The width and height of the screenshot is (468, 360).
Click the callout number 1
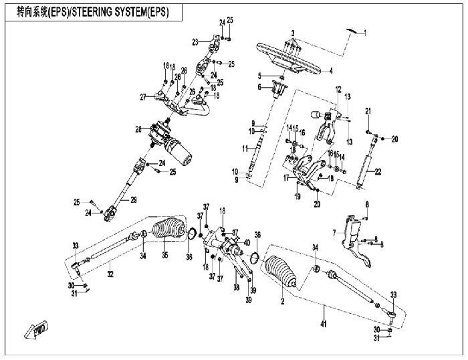point(365,32)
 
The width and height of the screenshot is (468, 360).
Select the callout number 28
point(138,128)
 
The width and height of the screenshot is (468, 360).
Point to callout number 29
point(133,199)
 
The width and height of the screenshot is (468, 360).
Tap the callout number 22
point(378,173)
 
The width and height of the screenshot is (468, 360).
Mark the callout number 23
point(195,41)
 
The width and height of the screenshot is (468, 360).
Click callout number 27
point(142,98)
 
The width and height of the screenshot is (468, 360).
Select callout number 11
point(245,148)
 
